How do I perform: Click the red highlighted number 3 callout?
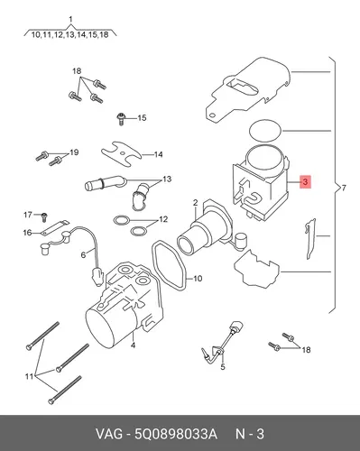[305, 181]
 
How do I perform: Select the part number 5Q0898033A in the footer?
[176, 434]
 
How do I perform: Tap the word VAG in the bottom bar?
[109, 434]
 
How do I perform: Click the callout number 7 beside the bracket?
[344, 189]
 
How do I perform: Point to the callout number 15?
[142, 118]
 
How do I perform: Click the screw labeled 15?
[121, 119]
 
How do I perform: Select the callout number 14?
[158, 154]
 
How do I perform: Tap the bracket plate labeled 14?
[121, 154]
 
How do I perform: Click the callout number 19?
[74, 152]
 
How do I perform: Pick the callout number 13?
[167, 179]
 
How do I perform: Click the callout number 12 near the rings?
[163, 219]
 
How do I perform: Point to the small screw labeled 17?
[44, 216]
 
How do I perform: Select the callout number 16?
[27, 233]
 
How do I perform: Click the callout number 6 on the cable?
[83, 255]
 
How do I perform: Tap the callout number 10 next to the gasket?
[198, 279]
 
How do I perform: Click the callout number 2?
[196, 203]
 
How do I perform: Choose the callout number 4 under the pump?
[133, 345]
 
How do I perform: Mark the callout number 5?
[223, 367]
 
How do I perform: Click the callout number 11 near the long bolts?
[29, 376]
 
